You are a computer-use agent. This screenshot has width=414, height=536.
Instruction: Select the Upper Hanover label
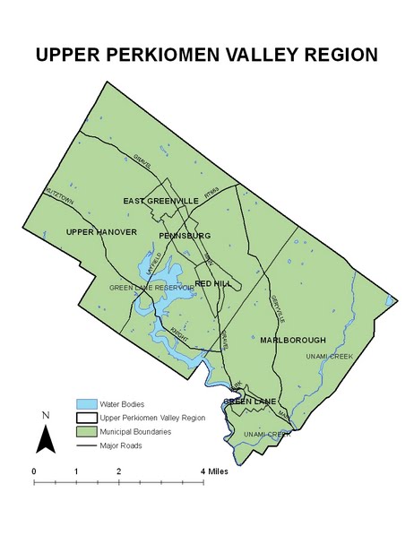tap(101, 232)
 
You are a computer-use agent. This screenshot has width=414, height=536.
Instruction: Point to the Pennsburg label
tap(185, 235)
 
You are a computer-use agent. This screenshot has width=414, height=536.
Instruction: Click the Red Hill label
tap(215, 283)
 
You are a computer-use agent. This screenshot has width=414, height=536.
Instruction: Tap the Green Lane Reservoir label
tap(151, 288)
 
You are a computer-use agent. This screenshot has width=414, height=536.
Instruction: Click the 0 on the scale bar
tap(34, 471)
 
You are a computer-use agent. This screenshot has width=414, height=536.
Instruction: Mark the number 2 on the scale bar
tap(118, 471)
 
